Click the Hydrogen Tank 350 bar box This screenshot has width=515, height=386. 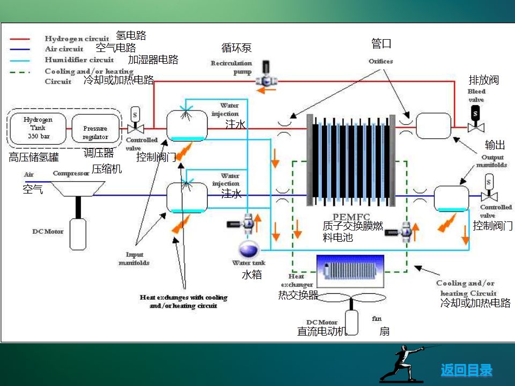coord(38,128)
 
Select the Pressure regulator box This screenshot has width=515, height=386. coord(94,129)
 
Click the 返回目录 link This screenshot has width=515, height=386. coord(466,370)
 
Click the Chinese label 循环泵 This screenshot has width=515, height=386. coord(236,48)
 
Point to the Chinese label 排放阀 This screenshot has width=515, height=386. coord(484,80)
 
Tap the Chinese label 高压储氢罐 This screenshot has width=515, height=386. coord(34,158)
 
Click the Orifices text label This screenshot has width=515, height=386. coord(381,61)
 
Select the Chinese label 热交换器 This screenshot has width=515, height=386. coord(298,295)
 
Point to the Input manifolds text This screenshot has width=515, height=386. coord(134,258)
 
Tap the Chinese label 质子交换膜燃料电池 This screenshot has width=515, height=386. coord(352,232)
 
